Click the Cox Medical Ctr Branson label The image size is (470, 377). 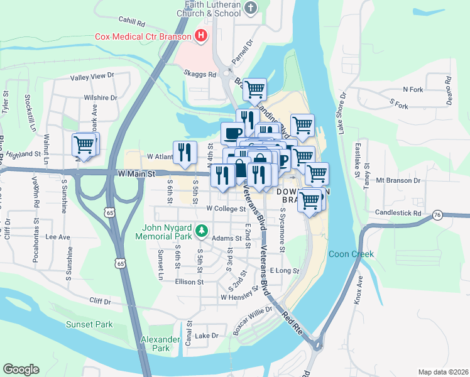[143, 36]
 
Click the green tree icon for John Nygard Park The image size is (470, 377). [202, 231]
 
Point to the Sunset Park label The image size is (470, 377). [89, 324]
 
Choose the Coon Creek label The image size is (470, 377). [351, 254]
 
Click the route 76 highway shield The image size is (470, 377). [437, 216]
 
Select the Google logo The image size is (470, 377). [21, 369]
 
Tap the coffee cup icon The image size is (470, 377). [232, 133]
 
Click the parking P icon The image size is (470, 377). [283, 159]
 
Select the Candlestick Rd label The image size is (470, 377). [398, 213]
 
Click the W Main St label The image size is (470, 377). [135, 172]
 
